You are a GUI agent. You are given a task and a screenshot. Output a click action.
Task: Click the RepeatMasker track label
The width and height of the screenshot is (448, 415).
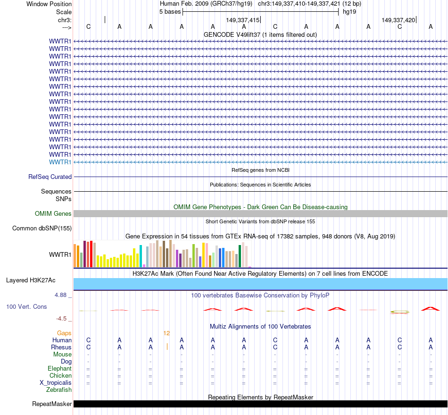[52, 404]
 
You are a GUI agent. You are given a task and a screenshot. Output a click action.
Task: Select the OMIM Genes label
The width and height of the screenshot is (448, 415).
[53, 213]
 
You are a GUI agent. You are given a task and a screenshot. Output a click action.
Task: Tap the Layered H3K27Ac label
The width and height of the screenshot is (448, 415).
[31, 280]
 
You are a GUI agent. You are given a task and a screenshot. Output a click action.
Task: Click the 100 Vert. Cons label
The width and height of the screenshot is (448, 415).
[26, 306]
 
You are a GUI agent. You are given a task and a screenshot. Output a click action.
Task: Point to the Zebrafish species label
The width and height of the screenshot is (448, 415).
[59, 390]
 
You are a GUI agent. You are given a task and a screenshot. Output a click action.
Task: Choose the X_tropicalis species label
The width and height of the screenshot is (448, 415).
[56, 382]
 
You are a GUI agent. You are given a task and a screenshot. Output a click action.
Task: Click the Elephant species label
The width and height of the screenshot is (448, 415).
[59, 368]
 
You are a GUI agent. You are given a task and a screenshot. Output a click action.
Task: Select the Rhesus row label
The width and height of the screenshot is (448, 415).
[61, 347]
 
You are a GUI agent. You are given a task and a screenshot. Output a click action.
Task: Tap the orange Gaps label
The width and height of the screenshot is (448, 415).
[64, 333]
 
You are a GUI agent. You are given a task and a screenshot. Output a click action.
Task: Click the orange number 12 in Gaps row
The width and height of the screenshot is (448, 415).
[166, 333]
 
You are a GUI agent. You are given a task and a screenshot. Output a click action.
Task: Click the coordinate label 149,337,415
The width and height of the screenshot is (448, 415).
[242, 20]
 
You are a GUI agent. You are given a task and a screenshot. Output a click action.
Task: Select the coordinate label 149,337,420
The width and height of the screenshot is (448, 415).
[398, 20]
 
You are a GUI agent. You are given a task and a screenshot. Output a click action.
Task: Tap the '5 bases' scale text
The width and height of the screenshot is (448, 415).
[170, 11]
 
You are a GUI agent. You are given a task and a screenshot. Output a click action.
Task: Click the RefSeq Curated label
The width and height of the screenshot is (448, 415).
[50, 177]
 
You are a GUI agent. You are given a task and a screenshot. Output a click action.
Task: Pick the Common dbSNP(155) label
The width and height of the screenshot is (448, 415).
[42, 229]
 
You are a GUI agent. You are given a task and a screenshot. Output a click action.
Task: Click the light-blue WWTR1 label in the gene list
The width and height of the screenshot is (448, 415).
[60, 162]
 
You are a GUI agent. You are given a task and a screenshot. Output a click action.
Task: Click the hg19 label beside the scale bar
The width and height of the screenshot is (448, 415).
[349, 11]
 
